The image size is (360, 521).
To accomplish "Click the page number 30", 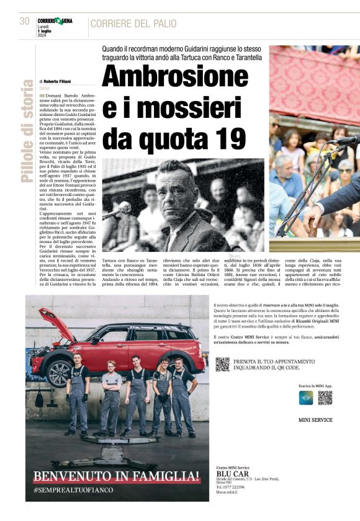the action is click(25, 21).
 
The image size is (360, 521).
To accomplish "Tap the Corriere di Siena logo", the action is click(55, 20).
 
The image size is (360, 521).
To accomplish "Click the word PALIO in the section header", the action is click(162, 24).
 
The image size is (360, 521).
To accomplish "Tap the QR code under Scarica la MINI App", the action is click(325, 398).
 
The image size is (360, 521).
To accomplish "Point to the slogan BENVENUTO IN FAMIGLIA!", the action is click(117, 476).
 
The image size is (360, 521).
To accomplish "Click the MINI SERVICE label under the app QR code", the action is click(315, 420).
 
